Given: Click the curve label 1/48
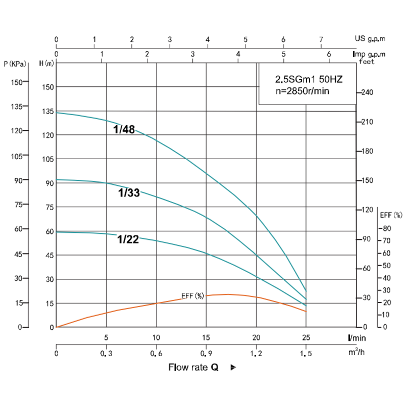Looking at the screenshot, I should tap(124, 130).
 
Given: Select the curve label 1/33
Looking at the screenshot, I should tap(129, 192).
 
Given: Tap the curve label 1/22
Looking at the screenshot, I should tap(128, 239).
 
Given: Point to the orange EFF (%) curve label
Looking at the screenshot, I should tap(192, 296).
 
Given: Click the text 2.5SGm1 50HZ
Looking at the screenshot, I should tap(308, 80).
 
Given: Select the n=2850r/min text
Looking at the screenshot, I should tap(302, 91).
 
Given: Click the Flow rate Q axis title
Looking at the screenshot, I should tap(193, 367).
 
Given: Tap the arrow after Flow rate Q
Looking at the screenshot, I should tap(233, 368).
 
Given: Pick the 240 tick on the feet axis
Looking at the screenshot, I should tap(367, 93).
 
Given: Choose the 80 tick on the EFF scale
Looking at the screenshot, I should tap(386, 228).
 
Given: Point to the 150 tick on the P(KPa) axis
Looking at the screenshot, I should tap(17, 82).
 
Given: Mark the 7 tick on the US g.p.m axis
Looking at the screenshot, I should tap(321, 39).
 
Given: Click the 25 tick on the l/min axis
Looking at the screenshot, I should tap(306, 337).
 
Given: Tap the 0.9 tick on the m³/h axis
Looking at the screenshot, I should tap(206, 354).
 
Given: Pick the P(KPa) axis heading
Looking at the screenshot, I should tap(14, 64).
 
